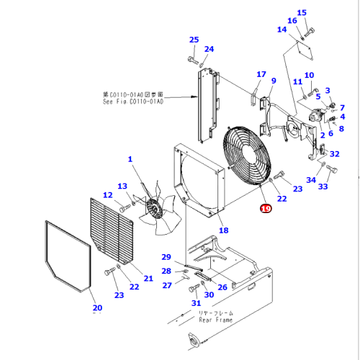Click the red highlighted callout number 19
click(265, 209)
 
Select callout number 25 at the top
click(194, 40)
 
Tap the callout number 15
click(302, 12)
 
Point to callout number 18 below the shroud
click(223, 230)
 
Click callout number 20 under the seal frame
click(97, 309)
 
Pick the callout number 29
click(166, 257)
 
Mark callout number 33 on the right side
click(323, 186)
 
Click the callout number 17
click(261, 74)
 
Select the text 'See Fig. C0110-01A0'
click(132, 102)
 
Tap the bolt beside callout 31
click(192, 289)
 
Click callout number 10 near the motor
click(309, 75)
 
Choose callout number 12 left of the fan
click(107, 194)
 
